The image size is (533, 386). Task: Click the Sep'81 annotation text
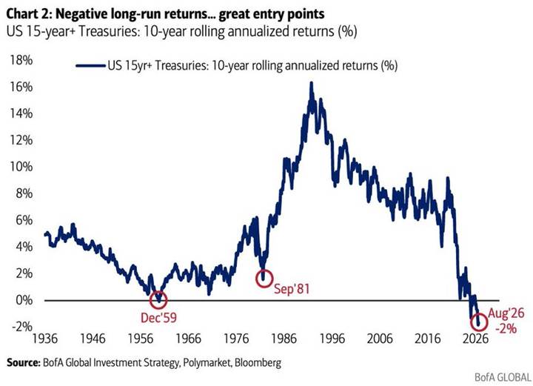click(292, 289)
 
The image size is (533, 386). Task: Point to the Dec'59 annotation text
click(158, 318)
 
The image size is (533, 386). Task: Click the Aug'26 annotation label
click(506, 313)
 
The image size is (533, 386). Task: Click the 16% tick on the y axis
click(21, 87)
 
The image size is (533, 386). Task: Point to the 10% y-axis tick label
click(21, 167)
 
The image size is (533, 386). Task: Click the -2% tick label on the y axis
click(22, 327)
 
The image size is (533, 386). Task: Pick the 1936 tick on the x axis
click(45, 339)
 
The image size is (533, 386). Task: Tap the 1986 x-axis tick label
click(284, 339)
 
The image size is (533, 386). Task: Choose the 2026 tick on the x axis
click(475, 339)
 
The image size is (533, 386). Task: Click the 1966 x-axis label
click(189, 339)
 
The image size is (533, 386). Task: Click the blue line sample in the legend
click(90, 65)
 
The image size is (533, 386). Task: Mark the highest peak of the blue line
click(311, 83)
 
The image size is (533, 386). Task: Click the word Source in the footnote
click(24, 362)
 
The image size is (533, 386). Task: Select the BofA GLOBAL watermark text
click(503, 377)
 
